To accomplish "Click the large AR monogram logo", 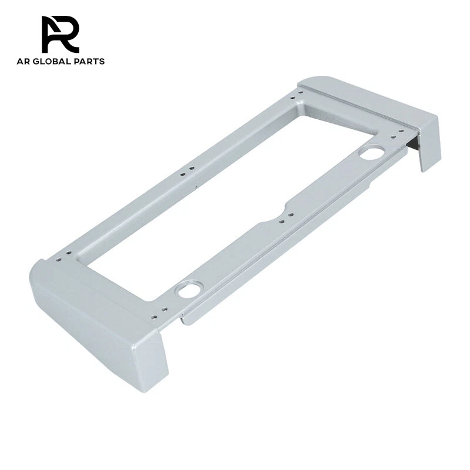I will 60,34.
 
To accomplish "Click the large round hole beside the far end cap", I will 371,154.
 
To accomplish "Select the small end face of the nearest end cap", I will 154,361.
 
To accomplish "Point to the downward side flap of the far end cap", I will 429,144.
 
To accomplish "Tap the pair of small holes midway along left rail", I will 187,171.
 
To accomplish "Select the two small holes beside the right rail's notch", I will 286,221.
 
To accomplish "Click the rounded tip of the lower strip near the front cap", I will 186,320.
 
